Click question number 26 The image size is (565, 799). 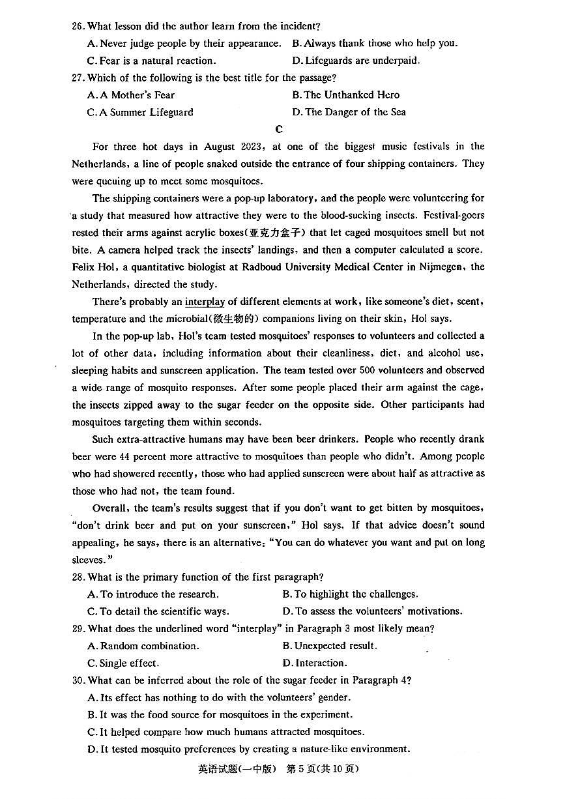point(78,27)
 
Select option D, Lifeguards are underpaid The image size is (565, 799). point(356,61)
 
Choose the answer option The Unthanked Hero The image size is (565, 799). point(346,95)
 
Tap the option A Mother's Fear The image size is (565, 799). point(131,95)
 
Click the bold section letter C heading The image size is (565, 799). point(279,129)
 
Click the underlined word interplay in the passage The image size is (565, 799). point(205,302)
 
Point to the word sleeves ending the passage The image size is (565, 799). point(87,560)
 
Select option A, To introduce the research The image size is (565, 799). point(153,594)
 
